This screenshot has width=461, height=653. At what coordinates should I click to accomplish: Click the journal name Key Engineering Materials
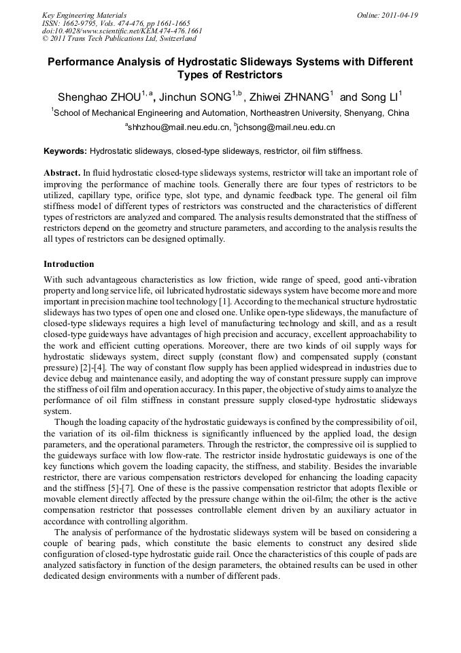(x=84, y=15)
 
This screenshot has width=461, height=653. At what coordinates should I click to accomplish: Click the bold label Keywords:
(x=65, y=150)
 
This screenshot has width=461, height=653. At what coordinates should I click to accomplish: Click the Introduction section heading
(x=69, y=264)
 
